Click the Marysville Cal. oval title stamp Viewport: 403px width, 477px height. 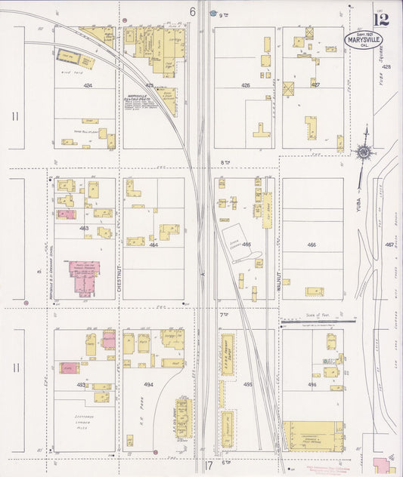pos(364,38)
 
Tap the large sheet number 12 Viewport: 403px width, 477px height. pos(382,16)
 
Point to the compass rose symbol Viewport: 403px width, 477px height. pos(364,152)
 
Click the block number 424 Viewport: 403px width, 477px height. pos(88,86)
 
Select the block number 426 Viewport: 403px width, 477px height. pos(246,85)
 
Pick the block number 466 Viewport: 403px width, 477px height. pos(312,245)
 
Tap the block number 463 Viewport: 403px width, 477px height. pos(84,227)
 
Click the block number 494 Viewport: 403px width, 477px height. pos(149,383)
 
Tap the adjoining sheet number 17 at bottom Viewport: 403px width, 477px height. pos(209,465)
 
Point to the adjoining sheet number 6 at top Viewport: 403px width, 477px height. pos(193,11)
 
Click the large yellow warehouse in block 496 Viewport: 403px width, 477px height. pos(314,436)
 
